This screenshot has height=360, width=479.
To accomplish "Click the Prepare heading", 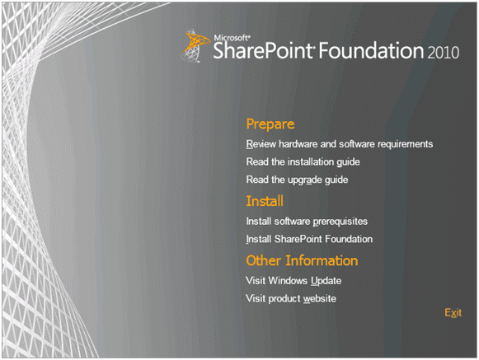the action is [x=270, y=124].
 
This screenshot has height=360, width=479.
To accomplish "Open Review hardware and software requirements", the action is [x=340, y=144].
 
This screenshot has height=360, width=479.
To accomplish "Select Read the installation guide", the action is [x=303, y=162].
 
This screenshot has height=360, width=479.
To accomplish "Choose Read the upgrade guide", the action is [x=297, y=180].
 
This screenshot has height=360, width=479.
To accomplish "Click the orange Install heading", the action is [x=265, y=201].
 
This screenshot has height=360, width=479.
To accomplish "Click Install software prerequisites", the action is [x=307, y=222].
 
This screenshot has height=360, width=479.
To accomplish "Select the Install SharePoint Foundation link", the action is [x=309, y=239].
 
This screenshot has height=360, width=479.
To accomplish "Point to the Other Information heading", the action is [x=302, y=261].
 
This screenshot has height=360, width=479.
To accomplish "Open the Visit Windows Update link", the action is [x=294, y=281].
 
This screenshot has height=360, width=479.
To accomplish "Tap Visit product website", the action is [x=291, y=298].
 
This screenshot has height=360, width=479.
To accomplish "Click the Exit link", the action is [x=453, y=313].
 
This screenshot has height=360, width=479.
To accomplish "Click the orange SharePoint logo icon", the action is [x=195, y=46].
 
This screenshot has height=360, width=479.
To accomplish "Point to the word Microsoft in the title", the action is [x=232, y=38].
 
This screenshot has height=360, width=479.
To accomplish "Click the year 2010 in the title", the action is [x=443, y=52].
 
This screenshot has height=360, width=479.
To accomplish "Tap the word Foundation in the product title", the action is [x=371, y=50].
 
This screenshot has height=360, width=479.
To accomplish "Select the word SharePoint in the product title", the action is [x=264, y=50].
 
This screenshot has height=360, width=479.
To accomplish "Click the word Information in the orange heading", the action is [x=322, y=261].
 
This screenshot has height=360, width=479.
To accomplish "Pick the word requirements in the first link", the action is [x=405, y=144].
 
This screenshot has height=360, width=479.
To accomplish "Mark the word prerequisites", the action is [x=340, y=222].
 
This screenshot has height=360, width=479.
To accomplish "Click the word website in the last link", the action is [x=320, y=298].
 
